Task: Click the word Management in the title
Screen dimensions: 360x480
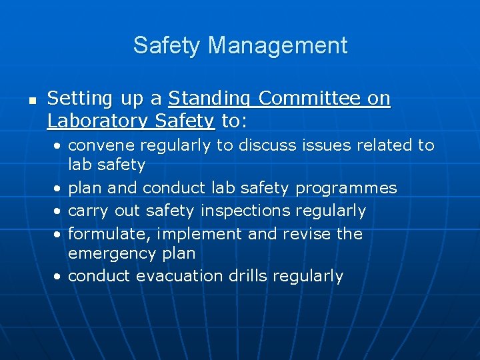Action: [278, 45]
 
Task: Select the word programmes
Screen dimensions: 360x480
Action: [346, 189]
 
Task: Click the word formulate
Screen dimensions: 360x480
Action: [97, 234]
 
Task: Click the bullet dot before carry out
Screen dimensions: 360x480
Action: [59, 212]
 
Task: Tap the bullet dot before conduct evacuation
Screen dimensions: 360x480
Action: [59, 277]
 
